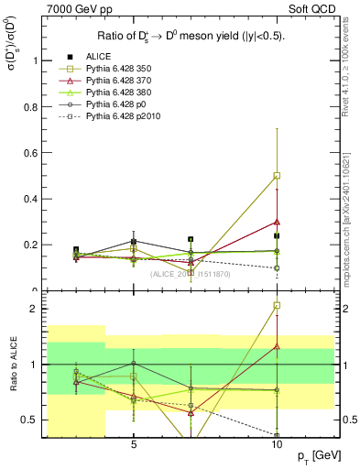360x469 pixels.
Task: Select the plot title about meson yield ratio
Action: (190, 37)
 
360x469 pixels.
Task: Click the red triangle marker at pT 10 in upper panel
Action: (277, 221)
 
